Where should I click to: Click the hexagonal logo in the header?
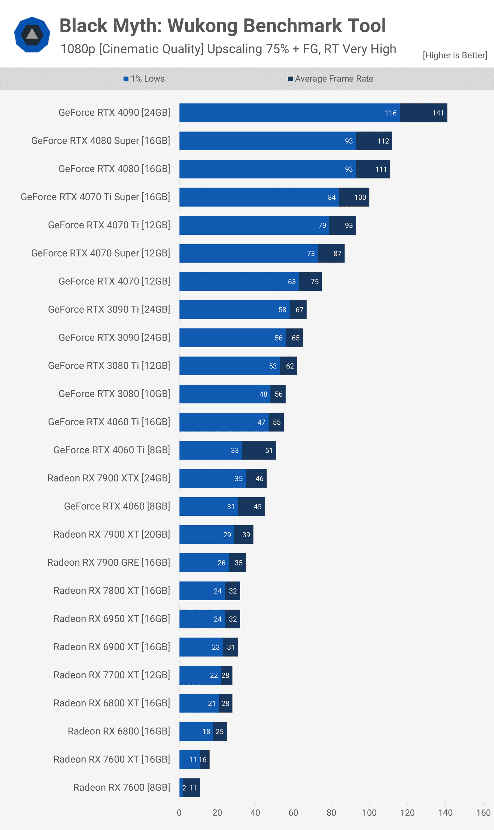32,35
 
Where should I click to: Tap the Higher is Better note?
455,55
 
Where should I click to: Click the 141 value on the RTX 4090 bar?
438,113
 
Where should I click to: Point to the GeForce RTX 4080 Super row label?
101,141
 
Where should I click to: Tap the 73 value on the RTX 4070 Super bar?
311,254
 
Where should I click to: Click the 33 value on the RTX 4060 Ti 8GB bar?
235,451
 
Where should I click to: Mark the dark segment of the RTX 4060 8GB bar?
251,507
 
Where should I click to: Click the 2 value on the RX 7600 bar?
184,788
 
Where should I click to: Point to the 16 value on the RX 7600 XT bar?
203,760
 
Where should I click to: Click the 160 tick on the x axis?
483,813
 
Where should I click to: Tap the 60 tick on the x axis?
293,813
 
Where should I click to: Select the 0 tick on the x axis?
179,813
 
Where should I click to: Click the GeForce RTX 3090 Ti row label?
109,310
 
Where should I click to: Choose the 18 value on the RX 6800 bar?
206,732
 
